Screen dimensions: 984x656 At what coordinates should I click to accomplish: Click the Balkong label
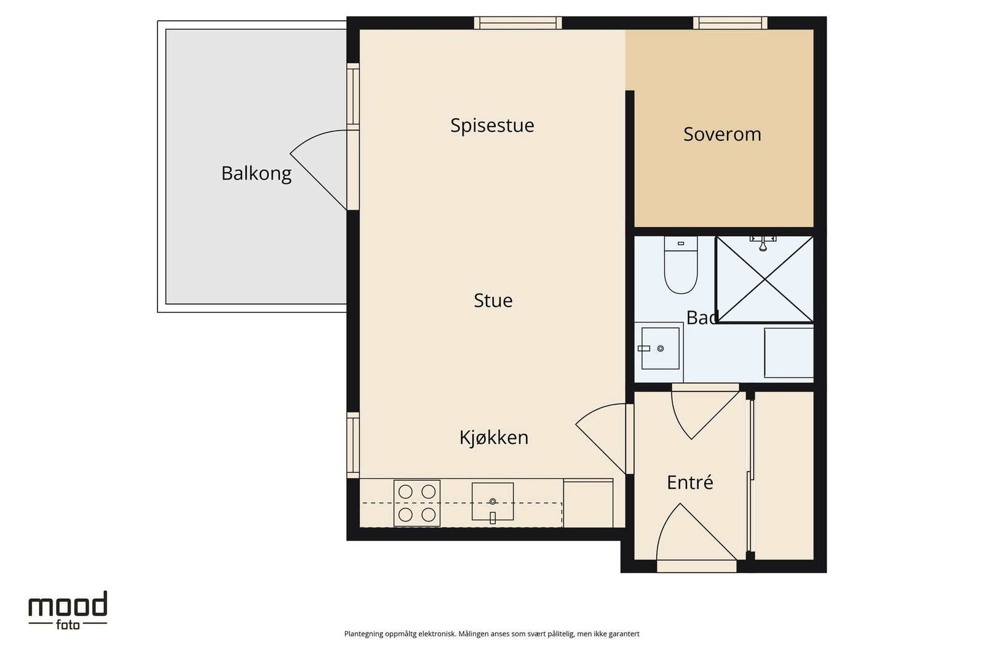click(256, 173)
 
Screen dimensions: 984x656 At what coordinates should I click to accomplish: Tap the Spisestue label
click(492, 125)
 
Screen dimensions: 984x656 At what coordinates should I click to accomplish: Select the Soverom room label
click(722, 135)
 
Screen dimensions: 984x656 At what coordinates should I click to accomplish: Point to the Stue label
click(493, 301)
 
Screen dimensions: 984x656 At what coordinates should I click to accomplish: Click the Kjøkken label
click(494, 438)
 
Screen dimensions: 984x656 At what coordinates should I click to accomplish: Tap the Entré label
click(689, 482)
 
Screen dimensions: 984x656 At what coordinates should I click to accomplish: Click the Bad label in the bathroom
click(702, 317)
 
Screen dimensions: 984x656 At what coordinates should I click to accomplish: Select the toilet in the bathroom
click(680, 265)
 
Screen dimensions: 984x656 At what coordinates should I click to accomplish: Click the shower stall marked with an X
click(764, 279)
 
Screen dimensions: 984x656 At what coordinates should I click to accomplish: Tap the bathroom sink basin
click(660, 348)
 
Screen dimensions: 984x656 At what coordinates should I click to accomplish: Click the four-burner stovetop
click(417, 503)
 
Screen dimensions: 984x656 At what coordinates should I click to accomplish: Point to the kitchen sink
click(493, 502)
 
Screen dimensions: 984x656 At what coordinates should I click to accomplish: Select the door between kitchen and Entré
click(600, 438)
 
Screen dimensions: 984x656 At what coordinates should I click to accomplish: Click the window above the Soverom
click(730, 23)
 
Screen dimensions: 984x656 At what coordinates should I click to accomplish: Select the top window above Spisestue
click(518, 23)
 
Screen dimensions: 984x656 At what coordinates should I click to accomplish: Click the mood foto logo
click(68, 611)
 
